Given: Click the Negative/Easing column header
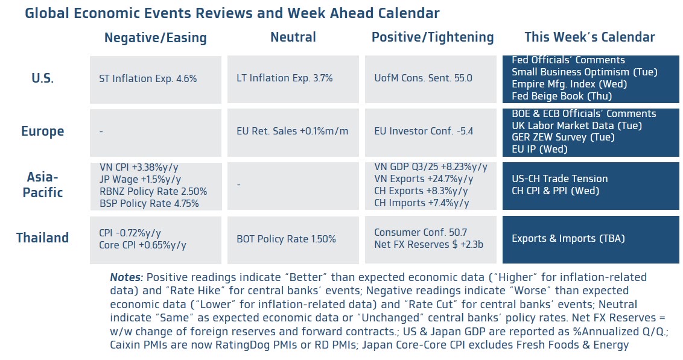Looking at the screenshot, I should [155, 38].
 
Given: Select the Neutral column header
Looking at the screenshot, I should [293, 37].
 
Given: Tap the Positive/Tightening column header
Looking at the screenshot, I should [433, 37].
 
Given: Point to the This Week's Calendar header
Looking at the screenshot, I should [589, 37].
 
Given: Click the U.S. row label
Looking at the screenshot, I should [43, 78].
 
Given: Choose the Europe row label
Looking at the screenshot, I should [42, 131].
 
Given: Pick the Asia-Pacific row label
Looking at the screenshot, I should [42, 185].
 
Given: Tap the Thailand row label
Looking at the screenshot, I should [42, 238].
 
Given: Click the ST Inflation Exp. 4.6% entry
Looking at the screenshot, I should [148, 78].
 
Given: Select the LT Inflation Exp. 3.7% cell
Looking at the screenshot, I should [284, 78].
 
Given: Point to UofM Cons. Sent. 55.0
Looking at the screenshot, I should [423, 78].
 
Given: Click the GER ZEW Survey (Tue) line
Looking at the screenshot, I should [563, 137].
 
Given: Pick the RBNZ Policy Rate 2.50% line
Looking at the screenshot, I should [153, 191].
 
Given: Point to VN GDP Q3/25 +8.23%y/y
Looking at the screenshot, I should [430, 167].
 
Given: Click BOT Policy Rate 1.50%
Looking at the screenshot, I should [286, 239].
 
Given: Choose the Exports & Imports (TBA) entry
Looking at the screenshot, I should [568, 238].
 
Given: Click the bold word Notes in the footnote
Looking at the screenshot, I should [126, 278].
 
